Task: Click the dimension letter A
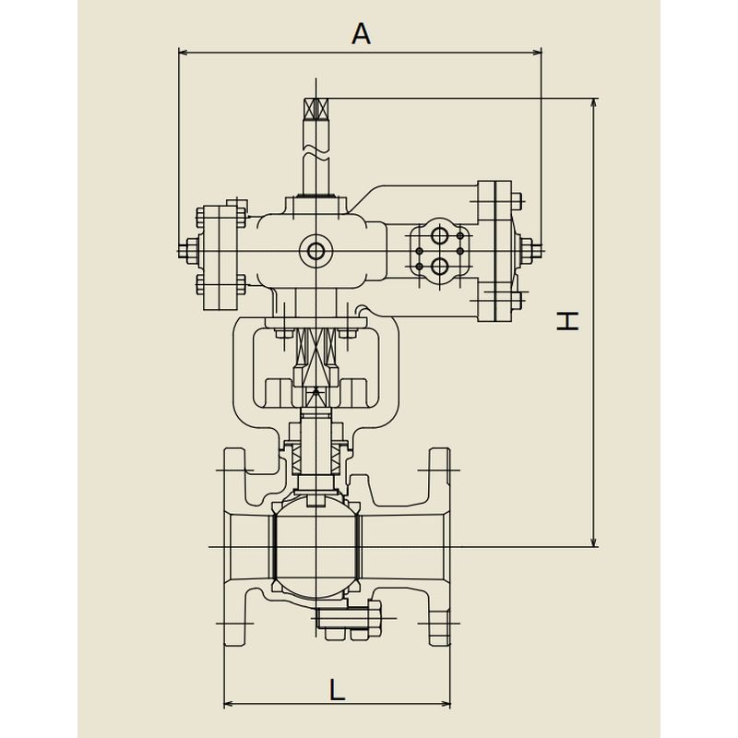[361, 34]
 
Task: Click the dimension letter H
[567, 321]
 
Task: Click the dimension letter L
[337, 689]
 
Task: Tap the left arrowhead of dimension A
[184, 52]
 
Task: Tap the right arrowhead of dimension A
[537, 52]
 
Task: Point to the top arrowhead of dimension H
[594, 103]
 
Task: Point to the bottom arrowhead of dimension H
[594, 542]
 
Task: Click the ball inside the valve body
[316, 547]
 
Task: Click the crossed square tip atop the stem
[315, 109]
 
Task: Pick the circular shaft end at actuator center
[315, 251]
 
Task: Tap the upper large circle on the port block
[439, 235]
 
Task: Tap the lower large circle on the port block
[440, 267]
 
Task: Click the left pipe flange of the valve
[235, 547]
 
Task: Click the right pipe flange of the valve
[440, 547]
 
